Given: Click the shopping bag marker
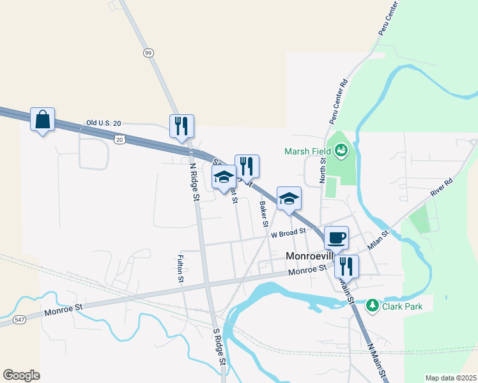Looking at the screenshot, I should coord(42,119).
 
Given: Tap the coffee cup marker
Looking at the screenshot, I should coord(336,238).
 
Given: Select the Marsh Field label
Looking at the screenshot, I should coord(307,151).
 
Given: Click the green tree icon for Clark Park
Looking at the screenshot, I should coord(373,306).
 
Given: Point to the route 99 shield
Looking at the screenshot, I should coord(148,52).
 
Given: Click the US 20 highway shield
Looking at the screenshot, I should coord(119,138).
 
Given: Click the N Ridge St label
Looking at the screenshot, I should coord(194,182).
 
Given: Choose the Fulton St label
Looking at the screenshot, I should coord(181,269).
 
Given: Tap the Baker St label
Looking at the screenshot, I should coord(263,214).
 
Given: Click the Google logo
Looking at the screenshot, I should coord(21,375).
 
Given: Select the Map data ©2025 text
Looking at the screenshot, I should coord(451,378).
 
